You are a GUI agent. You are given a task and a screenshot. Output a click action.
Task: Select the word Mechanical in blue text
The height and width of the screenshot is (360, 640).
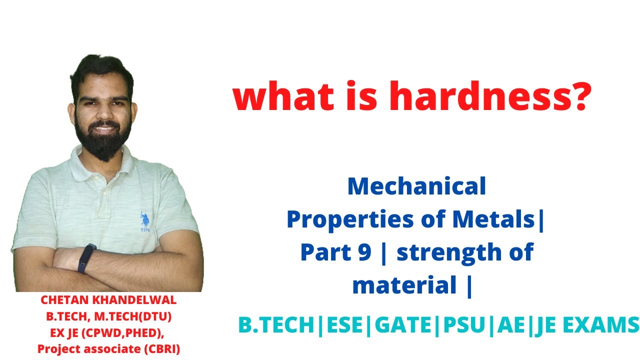pos(416,186)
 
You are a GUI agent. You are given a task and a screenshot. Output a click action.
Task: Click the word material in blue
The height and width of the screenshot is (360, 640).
pos(404,285)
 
